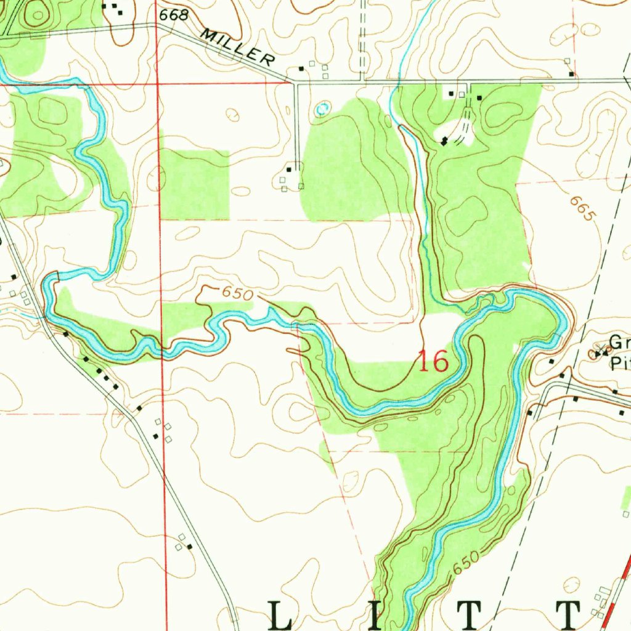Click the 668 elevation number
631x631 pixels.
[173, 16]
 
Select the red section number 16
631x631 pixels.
[433, 362]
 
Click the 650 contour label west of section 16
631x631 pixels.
[237, 294]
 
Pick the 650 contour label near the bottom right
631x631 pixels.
[465, 564]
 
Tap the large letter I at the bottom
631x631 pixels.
[377, 616]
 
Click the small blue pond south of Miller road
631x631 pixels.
[321, 109]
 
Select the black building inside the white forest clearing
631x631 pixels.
[444, 142]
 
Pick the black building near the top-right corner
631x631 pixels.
[572, 74]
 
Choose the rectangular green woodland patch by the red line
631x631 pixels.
[195, 185]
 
